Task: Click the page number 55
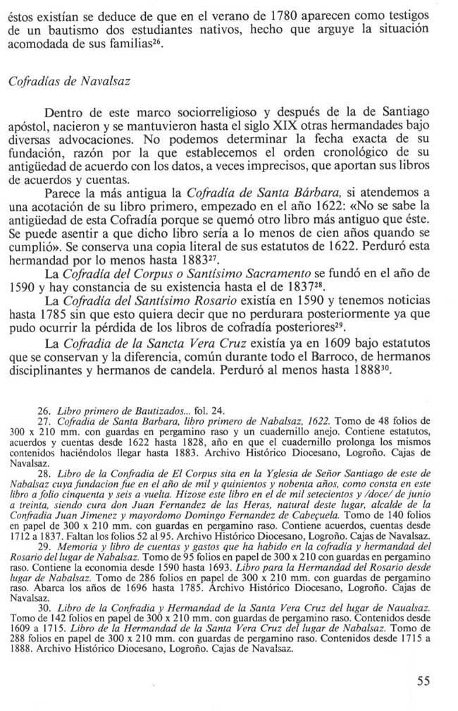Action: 423,681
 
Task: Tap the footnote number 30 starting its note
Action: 43,607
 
